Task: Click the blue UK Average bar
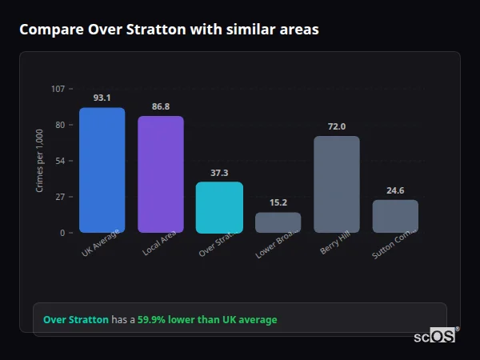(x=102, y=170)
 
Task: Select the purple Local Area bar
(x=160, y=174)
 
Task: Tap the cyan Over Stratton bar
(x=219, y=207)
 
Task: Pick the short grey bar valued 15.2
(x=278, y=222)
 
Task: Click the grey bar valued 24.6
(x=395, y=216)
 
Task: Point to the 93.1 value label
(x=102, y=98)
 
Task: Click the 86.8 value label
(x=160, y=106)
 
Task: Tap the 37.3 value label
(x=219, y=173)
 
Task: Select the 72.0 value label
(x=336, y=126)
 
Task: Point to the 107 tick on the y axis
(x=58, y=89)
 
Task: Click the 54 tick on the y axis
(x=60, y=161)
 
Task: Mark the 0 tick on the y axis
(x=62, y=233)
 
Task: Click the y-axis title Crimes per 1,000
(x=39, y=161)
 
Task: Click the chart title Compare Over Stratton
(x=169, y=30)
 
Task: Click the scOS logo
(x=434, y=336)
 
